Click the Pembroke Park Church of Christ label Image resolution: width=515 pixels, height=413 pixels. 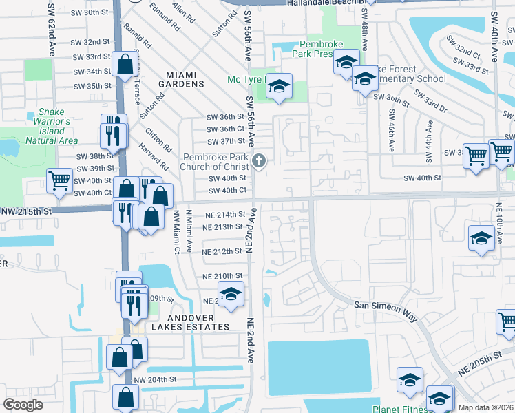[215, 162]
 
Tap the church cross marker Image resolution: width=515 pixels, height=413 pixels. [259, 162]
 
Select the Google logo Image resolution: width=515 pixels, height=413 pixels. [23, 405]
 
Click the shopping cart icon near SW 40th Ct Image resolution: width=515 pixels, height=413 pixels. [60, 181]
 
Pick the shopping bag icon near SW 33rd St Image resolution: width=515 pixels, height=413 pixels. [125, 65]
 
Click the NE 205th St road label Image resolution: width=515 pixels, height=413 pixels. [492, 359]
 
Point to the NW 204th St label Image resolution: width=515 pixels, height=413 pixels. [155, 380]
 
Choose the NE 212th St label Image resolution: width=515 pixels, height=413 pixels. [223, 252]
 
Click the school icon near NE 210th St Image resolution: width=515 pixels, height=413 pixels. [231, 294]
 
